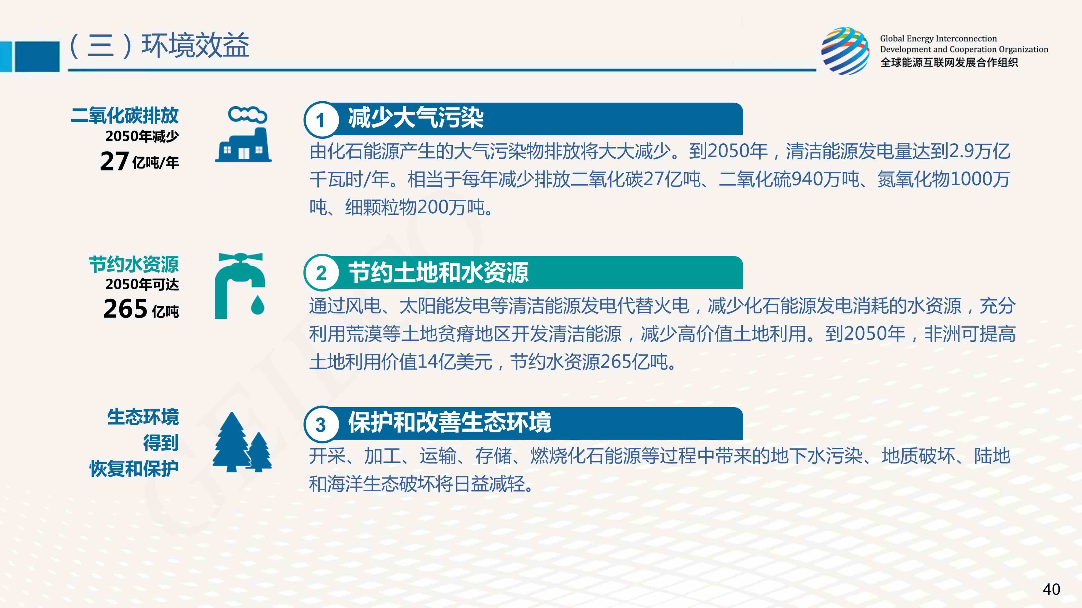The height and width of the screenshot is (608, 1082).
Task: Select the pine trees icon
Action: (242, 442)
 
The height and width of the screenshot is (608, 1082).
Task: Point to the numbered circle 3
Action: (321, 425)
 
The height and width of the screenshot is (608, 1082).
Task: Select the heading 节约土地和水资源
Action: (438, 272)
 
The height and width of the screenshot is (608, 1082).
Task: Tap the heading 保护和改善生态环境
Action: (449, 422)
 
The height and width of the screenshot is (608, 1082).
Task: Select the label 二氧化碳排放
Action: (125, 115)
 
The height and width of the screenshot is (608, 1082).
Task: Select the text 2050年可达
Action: (142, 285)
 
